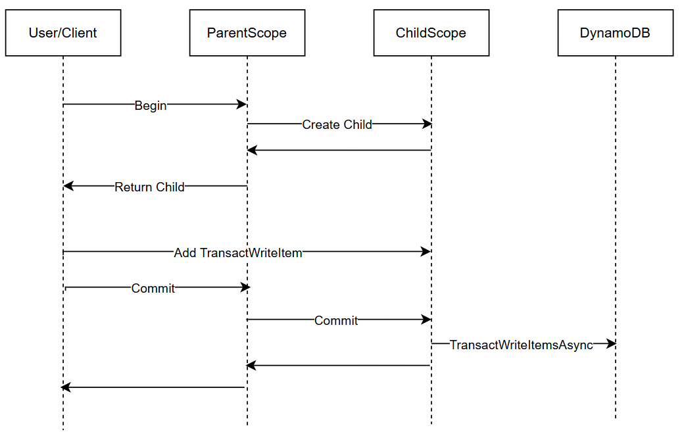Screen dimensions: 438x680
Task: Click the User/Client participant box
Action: coord(63,33)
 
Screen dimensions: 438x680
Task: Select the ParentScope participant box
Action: coord(247,33)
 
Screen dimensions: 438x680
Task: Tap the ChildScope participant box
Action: coord(431,33)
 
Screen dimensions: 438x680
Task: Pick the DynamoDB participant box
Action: coord(616,33)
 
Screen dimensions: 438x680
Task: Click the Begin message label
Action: coord(151,105)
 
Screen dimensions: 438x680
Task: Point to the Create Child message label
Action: coord(337,124)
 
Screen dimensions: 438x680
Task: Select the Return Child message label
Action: coord(149,187)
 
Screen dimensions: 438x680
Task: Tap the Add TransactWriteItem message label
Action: coord(238,253)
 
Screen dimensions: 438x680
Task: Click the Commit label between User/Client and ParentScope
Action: coord(153,288)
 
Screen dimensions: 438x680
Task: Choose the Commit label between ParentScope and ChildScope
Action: coord(336,320)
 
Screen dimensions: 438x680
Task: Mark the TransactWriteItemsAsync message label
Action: coord(522,345)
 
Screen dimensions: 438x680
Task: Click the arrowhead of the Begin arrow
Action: coord(243,104)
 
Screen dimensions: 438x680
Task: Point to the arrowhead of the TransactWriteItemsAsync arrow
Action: coord(611,344)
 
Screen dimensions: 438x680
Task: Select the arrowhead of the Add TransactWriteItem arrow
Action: coord(427,251)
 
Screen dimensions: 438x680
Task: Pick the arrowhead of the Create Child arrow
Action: coord(427,124)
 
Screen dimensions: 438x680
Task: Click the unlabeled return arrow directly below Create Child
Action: coord(339,151)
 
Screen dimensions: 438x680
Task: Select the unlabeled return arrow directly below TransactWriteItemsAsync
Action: coord(339,366)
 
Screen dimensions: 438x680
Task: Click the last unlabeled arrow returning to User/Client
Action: coord(154,387)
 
